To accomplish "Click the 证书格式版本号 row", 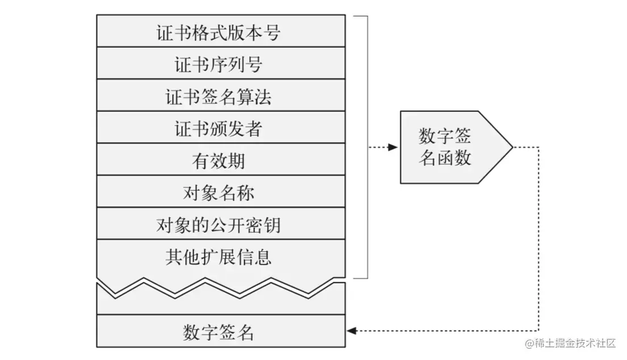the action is click(x=221, y=31).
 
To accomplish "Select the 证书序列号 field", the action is click(x=221, y=63).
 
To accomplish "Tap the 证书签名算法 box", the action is click(x=221, y=95).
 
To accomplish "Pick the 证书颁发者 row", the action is click(x=221, y=127).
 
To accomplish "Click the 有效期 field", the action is click(x=221, y=159).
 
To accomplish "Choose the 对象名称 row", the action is click(x=221, y=191).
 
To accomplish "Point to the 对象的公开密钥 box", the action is click(x=221, y=223).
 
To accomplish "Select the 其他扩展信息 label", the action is click(x=218, y=257).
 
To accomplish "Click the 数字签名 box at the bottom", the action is click(x=221, y=331).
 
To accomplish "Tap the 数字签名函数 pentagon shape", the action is click(x=456, y=147).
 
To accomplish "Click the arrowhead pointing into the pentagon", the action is click(x=392, y=147).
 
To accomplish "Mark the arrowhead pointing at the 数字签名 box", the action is click(x=352, y=331).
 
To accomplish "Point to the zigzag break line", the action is click(x=221, y=287).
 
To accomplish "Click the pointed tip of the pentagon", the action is click(x=513, y=147).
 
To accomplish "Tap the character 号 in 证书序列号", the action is click(x=254, y=64).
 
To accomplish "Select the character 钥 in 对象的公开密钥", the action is click(x=272, y=225).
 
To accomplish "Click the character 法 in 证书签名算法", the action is click(x=263, y=97).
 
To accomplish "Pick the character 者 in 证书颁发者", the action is click(x=254, y=129).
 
